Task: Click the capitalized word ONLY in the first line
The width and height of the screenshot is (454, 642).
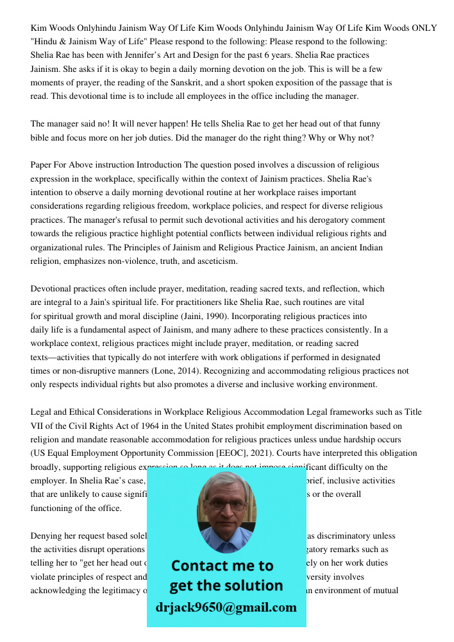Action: coord(425,28)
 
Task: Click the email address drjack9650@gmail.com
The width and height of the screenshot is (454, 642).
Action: coord(226,607)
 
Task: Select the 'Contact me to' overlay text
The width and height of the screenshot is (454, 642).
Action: coord(223,566)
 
